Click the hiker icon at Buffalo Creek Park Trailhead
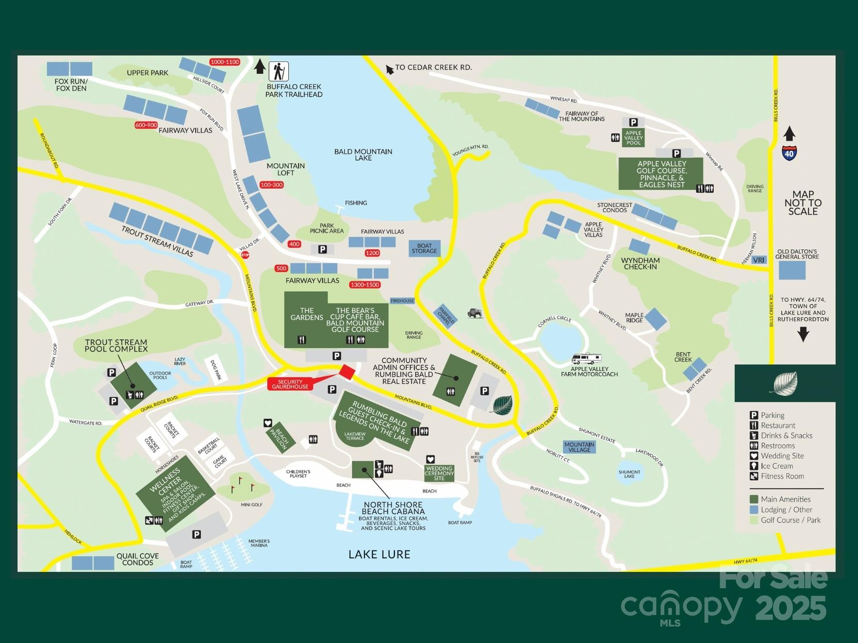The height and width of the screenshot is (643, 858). click(278, 71)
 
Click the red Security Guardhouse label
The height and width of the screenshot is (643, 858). click(290, 384)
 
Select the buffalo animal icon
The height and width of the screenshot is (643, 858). click(475, 313)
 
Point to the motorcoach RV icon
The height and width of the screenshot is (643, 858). click(587, 359)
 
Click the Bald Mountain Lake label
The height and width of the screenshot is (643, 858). click(363, 155)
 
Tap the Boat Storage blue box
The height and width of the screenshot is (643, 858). click(424, 248)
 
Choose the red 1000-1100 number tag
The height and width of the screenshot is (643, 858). click(225, 62)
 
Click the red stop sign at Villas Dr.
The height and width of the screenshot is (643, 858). click(245, 255)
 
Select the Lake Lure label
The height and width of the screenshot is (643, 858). click(379, 554)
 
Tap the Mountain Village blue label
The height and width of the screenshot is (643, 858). click(579, 447)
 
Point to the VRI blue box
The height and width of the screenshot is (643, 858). click(758, 260)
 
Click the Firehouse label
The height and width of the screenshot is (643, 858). click(402, 300)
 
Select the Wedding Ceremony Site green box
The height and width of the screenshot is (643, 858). click(439, 473)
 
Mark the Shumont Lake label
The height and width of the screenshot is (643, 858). click(629, 474)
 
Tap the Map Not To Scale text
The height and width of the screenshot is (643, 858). click(803, 202)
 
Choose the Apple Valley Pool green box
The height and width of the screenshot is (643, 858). click(633, 138)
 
